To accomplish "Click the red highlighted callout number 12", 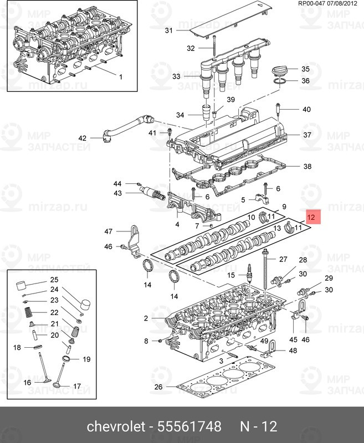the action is (311, 217).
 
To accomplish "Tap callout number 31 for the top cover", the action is (169, 30).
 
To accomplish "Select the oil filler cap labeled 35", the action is (280, 71).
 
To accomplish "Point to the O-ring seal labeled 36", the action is (280, 81).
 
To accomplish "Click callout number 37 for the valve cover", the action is (307, 135).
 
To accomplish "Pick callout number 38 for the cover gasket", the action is (307, 166).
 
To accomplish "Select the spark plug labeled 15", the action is (250, 272).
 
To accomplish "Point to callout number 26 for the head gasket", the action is (158, 386).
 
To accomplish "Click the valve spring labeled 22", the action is (28, 312).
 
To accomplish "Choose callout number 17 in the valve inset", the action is (77, 386).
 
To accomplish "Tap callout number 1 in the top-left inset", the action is (121, 77).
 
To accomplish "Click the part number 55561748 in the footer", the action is (189, 426).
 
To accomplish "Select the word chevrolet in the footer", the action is (116, 426).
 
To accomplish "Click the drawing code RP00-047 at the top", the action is (312, 4).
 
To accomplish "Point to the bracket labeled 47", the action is (135, 241).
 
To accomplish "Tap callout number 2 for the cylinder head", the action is (146, 318).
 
